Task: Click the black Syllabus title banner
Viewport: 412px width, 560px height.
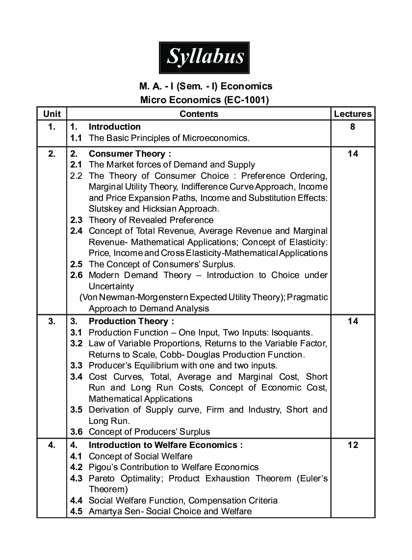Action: [x=204, y=57]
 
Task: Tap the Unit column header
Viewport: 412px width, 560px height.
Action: [x=52, y=114]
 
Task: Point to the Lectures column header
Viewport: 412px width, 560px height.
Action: [x=353, y=114]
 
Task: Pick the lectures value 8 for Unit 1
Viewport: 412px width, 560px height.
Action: [x=353, y=127]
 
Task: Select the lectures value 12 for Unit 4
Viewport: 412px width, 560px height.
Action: [x=353, y=445]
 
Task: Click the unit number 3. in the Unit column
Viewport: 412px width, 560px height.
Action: [x=52, y=321]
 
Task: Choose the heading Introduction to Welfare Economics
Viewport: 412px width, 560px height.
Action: [x=165, y=445]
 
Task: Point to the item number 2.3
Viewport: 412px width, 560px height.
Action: [x=76, y=220]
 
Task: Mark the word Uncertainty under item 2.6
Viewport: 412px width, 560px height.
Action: [x=111, y=286]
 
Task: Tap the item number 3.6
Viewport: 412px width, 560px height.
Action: [x=76, y=432]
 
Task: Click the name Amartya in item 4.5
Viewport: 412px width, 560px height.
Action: [x=104, y=511]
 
